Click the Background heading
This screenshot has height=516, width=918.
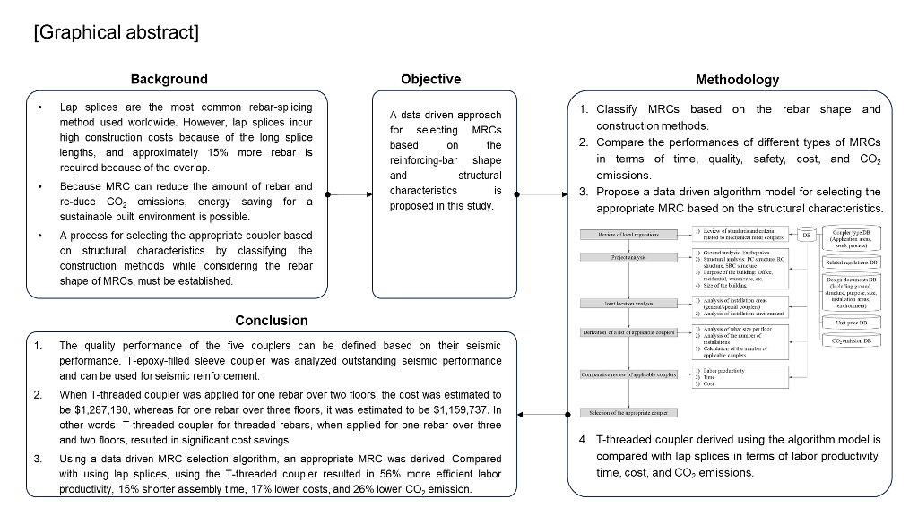pos(169,79)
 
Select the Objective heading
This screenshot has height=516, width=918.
pos(431,79)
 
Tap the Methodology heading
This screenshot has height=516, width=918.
pos(737,80)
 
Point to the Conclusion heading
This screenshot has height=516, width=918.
pos(272,320)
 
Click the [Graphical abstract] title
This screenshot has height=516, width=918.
pos(116,33)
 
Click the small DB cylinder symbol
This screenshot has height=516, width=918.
pos(806,235)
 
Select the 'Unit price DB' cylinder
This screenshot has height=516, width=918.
pos(851,322)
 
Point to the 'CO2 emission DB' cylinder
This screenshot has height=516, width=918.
pos(851,341)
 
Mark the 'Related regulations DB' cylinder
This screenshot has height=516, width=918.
pos(851,262)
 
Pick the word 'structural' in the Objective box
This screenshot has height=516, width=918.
pos(480,176)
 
